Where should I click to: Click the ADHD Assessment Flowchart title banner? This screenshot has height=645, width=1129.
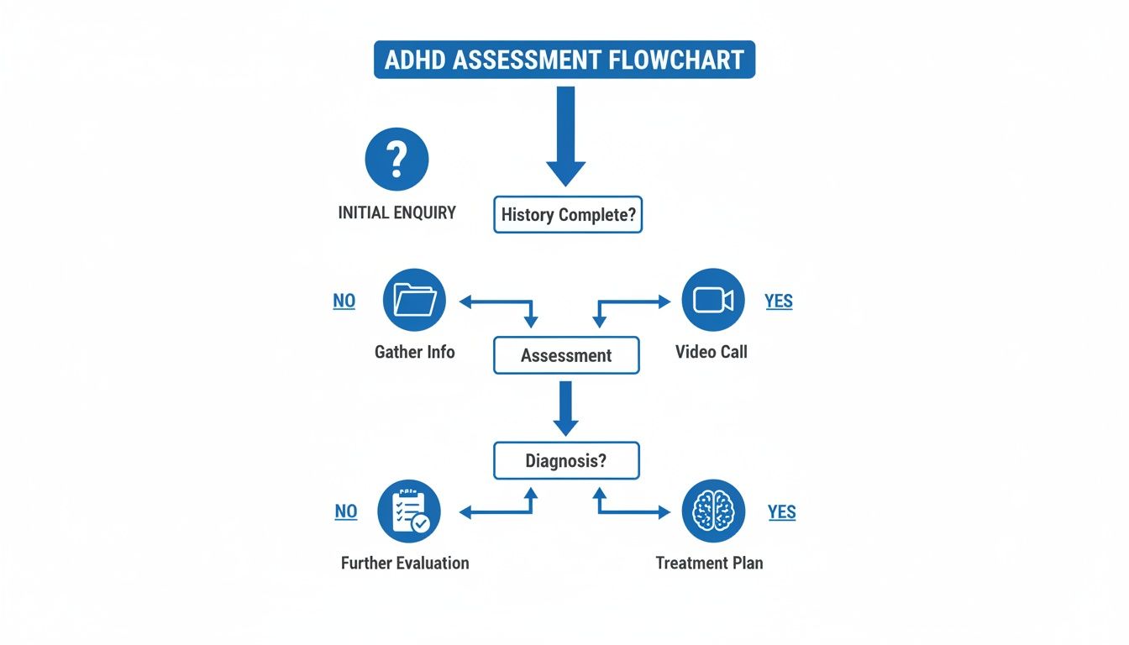(564, 60)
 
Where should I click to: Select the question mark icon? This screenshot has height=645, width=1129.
(396, 160)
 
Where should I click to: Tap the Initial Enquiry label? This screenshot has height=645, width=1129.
(396, 212)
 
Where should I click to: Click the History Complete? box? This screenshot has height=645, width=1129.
(568, 214)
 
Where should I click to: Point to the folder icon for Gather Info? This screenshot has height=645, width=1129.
(414, 300)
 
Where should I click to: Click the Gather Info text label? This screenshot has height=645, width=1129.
(414, 352)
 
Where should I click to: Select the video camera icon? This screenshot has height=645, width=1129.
(713, 300)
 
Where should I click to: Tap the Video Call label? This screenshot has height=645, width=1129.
(711, 352)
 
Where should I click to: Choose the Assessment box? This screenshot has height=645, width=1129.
(566, 355)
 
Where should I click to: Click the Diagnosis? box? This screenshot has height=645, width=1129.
(566, 460)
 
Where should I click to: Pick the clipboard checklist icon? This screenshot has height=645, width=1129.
(409, 511)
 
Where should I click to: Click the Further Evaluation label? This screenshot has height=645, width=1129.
(405, 563)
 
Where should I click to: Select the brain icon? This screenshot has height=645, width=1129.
(713, 511)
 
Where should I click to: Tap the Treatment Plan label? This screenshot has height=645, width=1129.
(709, 563)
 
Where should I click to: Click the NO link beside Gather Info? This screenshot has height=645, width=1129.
(344, 302)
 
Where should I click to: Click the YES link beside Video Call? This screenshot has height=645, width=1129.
(779, 302)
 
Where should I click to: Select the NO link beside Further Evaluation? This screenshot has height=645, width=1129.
(346, 511)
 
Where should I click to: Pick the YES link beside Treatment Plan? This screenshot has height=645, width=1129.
(781, 512)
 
